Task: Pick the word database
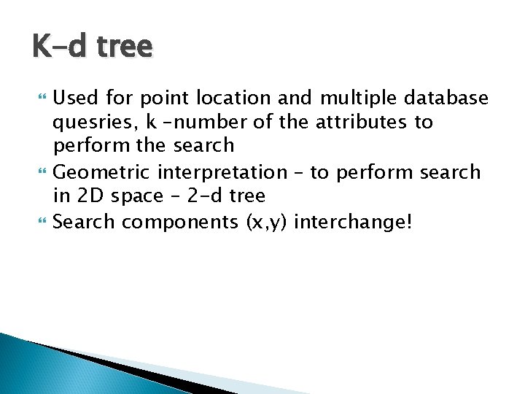pyautogui.click(x=447, y=97)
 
